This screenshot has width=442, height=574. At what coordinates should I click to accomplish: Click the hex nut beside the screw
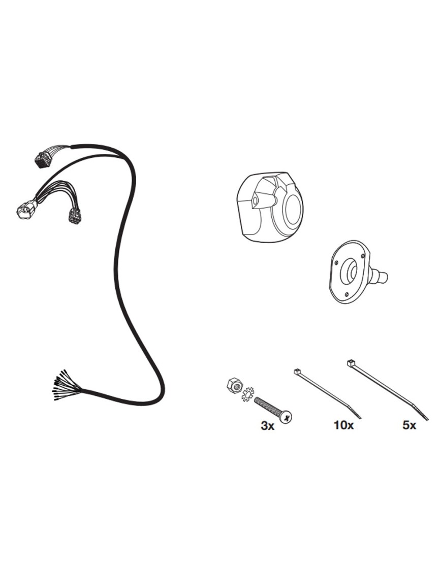coord(234,385)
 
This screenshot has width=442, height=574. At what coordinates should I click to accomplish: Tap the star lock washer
coord(248,393)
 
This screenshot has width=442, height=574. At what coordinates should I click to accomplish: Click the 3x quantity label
coord(267,426)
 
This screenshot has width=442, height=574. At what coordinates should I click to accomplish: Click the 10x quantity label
coord(343,426)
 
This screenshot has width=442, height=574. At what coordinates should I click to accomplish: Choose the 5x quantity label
coord(409,426)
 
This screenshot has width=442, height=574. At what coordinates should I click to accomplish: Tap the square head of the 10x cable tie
coord(297,372)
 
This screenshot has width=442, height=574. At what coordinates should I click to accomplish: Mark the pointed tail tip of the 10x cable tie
coord(360,418)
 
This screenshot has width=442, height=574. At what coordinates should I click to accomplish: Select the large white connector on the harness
coord(26,210)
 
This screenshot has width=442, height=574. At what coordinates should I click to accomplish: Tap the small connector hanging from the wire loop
coord(74,217)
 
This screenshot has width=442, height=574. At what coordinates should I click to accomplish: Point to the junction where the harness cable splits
coord(71,147)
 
